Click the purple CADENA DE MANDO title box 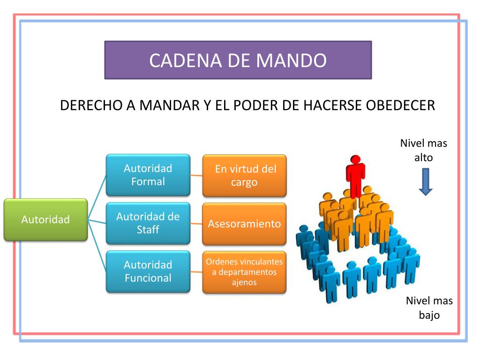click(238, 60)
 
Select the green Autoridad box click(45, 219)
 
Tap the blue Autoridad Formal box click(148, 175)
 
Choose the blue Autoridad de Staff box click(148, 223)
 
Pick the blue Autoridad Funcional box click(148, 271)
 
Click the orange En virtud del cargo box click(244, 175)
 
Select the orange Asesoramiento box click(244, 224)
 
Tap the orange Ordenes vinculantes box click(244, 272)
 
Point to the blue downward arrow click(425, 181)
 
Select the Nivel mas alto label click(423, 150)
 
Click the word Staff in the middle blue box click(148, 230)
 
